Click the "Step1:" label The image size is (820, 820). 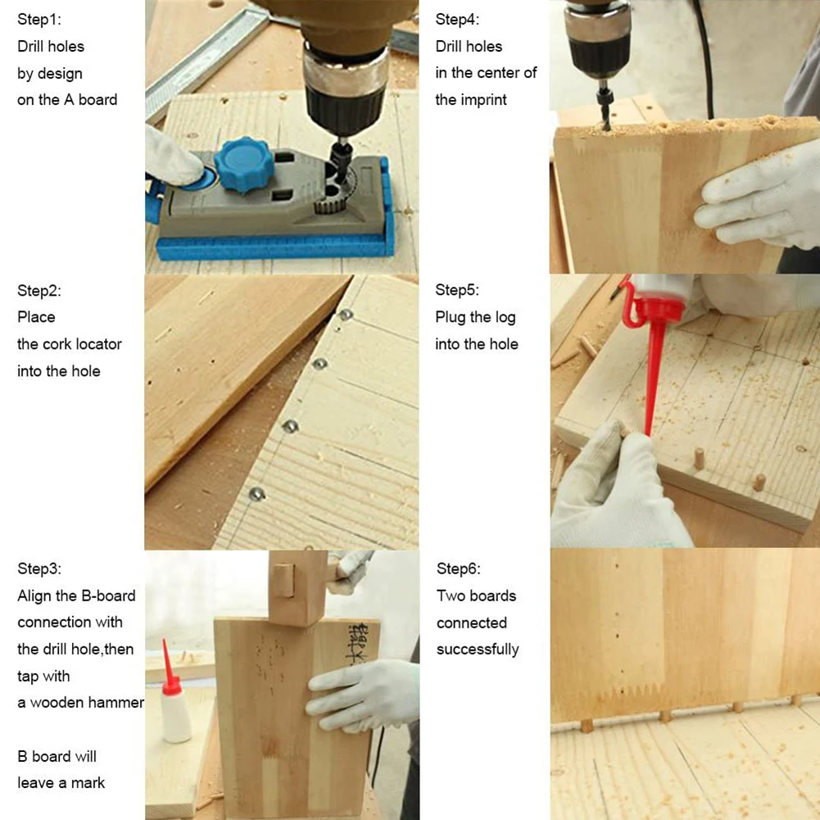(39, 20)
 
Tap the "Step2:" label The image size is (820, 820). (39, 290)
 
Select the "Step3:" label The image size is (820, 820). (39, 569)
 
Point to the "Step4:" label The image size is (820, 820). (457, 20)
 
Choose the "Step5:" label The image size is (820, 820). (457, 290)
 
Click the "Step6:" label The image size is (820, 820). (458, 569)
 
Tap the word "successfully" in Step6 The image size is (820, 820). (478, 650)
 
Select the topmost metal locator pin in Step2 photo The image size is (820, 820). (346, 315)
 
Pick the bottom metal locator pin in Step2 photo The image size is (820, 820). (256, 493)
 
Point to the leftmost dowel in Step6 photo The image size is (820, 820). (586, 726)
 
